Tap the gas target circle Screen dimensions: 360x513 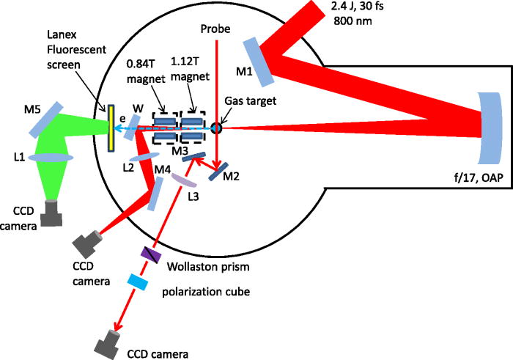click(216, 128)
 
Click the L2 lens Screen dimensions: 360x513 click(144, 155)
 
